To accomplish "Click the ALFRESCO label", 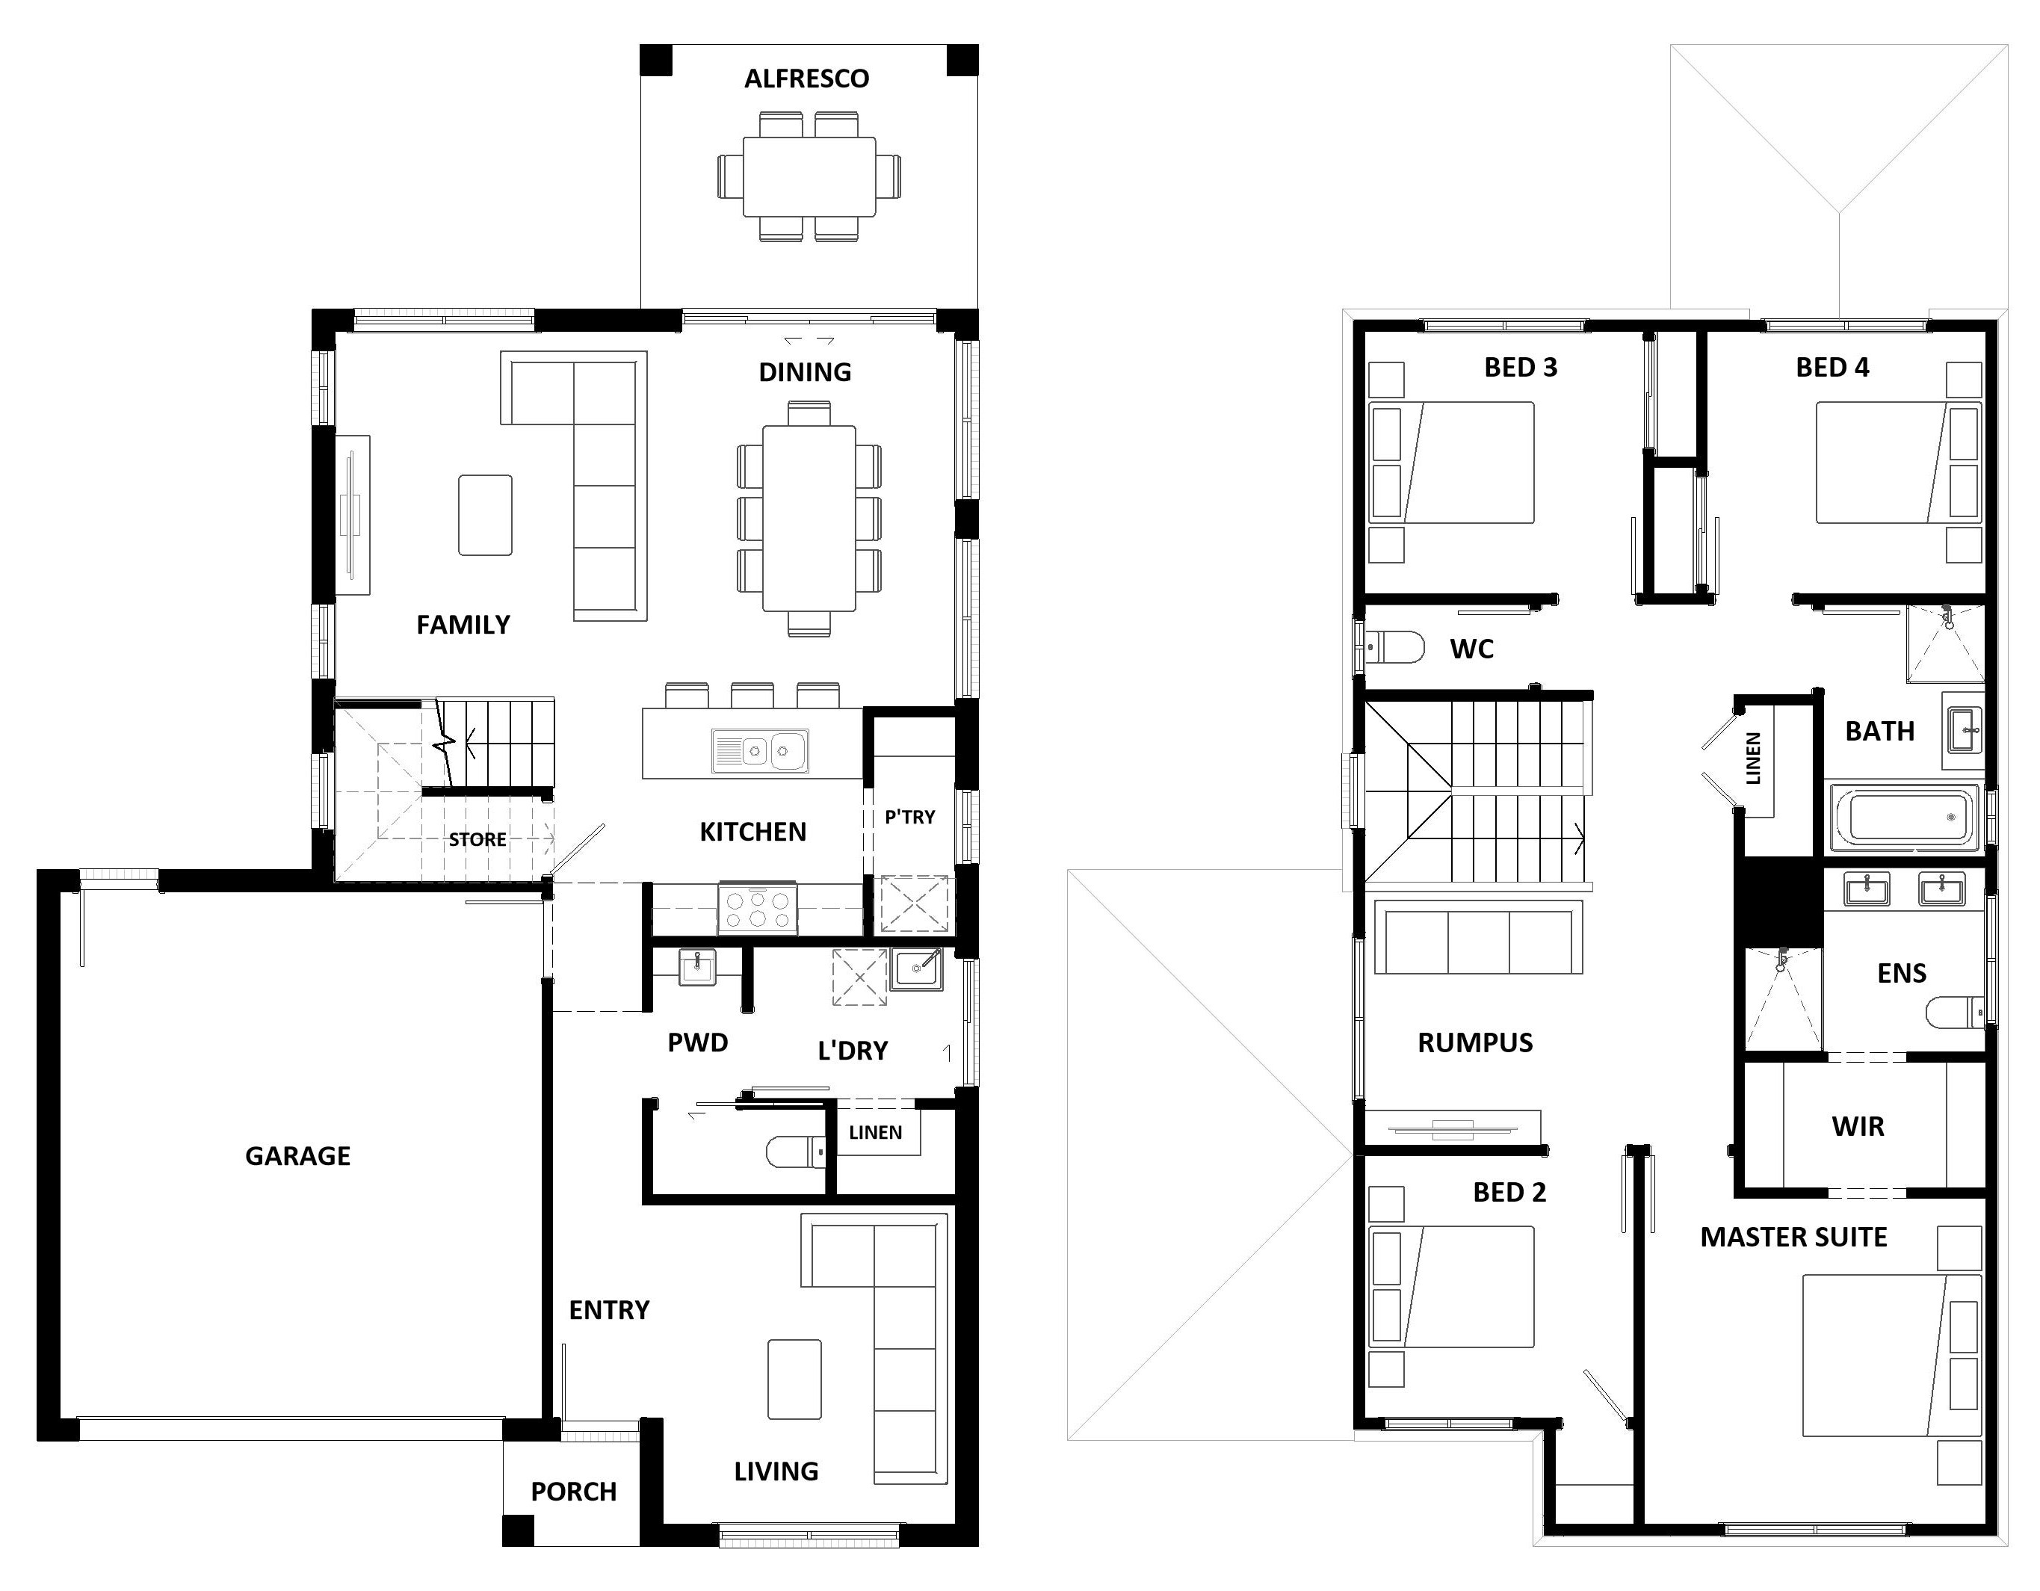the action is tap(806, 78).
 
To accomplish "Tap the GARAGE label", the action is tap(297, 1157).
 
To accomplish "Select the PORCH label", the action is tap(574, 1492).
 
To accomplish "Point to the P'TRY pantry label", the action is tap(910, 818).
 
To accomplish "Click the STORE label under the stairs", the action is tap(477, 840).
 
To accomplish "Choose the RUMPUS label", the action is tap(1475, 1042).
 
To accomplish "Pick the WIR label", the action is tap(1858, 1127).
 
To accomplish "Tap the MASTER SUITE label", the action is tap(1793, 1237).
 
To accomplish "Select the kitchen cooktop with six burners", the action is tap(758, 908).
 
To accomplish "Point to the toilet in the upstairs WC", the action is tap(1394, 646).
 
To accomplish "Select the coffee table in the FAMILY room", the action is tap(485, 515).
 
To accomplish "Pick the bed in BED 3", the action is tap(1451, 463).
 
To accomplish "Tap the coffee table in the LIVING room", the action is tap(794, 1379).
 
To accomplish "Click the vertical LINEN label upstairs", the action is tap(1753, 758).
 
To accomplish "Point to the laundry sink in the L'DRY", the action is tap(916, 968).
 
